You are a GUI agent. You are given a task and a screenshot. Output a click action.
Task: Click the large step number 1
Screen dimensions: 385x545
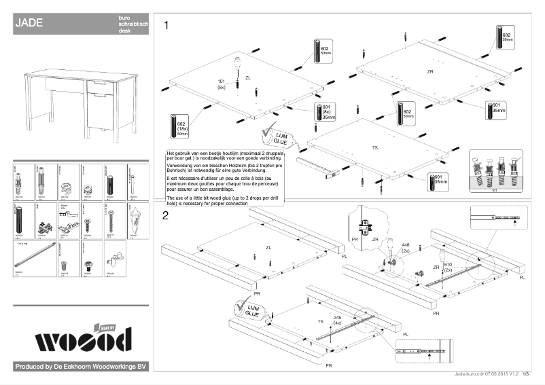coord(166,26)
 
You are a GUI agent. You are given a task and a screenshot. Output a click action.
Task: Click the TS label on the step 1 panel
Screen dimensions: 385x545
coord(374,147)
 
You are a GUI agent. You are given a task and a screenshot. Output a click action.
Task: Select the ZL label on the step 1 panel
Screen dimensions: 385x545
coord(248,78)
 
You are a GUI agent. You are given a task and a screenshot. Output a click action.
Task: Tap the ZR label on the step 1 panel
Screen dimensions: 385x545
coord(429,71)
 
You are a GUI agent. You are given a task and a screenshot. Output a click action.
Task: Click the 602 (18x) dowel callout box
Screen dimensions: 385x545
coord(178,126)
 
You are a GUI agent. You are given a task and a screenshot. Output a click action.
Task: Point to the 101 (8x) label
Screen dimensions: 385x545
coord(222,84)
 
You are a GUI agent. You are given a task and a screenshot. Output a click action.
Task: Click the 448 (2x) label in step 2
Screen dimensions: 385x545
coord(406,249)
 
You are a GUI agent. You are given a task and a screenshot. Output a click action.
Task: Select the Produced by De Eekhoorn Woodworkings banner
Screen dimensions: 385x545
coord(81,367)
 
